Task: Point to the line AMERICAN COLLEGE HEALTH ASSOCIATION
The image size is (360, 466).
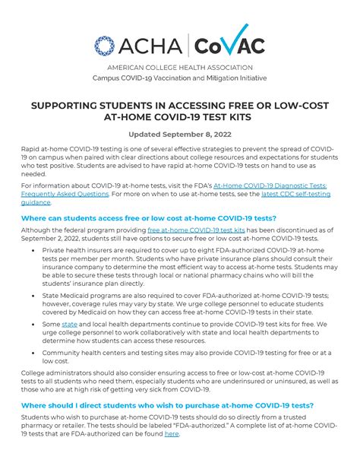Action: click(x=179, y=67)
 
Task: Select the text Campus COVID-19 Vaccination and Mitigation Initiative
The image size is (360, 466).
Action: click(x=179, y=78)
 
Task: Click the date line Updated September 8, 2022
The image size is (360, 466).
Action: click(x=179, y=135)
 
